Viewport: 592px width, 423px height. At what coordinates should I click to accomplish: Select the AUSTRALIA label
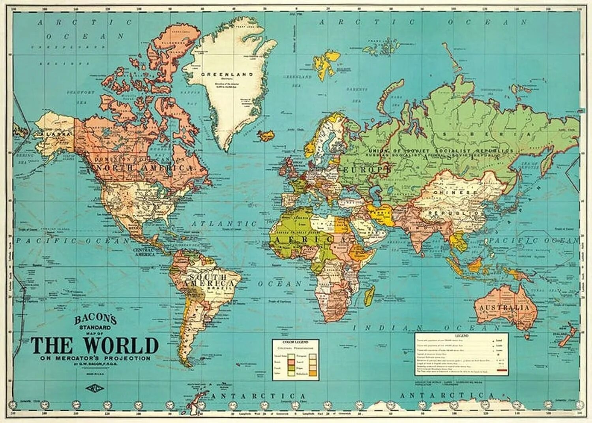tap(504, 307)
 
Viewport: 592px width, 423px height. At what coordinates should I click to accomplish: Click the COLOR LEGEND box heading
tap(295, 342)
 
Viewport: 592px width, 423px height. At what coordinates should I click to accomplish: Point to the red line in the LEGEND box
tap(502, 371)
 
